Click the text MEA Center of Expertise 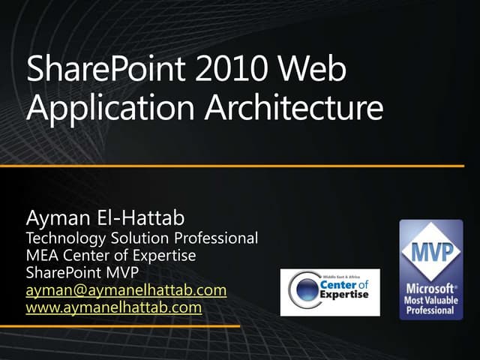[x=111, y=256]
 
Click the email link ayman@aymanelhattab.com [x=126, y=289]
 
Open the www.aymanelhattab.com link [x=114, y=307]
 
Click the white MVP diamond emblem [x=431, y=252]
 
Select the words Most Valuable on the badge [x=431, y=300]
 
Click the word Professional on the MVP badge [x=431, y=310]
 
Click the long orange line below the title [x=240, y=165]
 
